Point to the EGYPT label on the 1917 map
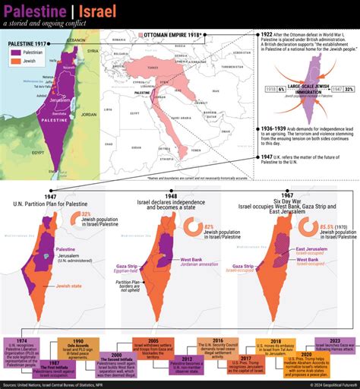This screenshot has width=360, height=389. [x=15, y=151]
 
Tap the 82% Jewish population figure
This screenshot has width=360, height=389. [x=209, y=226]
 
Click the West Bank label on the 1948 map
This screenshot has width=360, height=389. [x=193, y=261]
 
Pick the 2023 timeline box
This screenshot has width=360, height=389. [x=334, y=343]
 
